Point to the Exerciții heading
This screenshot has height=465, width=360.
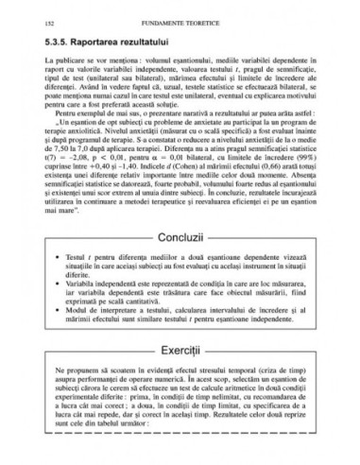point(180,362)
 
